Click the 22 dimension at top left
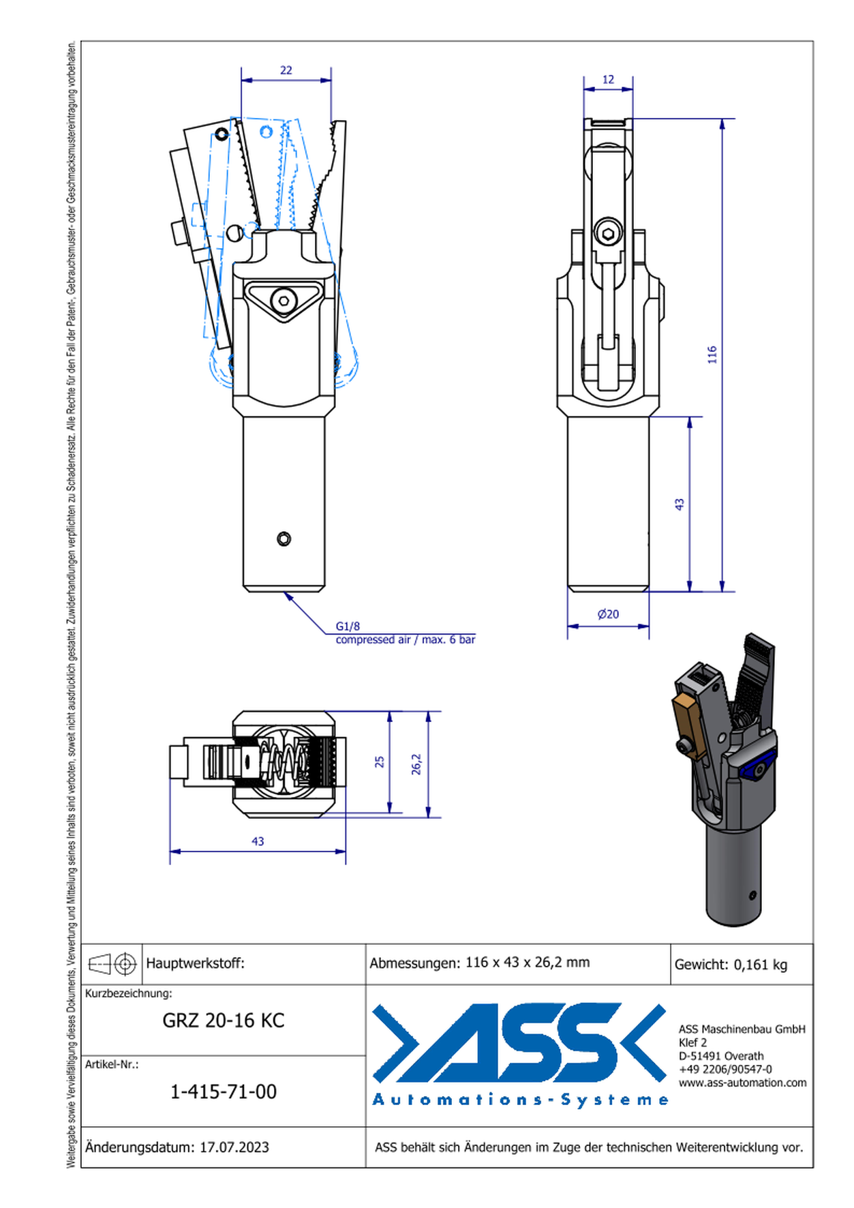(286, 70)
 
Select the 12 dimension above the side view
(608, 80)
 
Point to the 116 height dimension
(712, 354)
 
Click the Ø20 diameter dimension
(608, 614)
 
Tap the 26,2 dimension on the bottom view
(416, 764)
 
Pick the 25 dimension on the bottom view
(380, 762)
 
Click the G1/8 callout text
(348, 626)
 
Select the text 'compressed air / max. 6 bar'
(405, 639)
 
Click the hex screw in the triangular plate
(284, 300)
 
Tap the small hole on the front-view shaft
(284, 539)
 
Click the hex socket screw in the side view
(608, 234)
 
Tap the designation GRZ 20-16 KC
(224, 1021)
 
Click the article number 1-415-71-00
(224, 1091)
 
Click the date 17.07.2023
(234, 1147)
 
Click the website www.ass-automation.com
(742, 1083)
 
